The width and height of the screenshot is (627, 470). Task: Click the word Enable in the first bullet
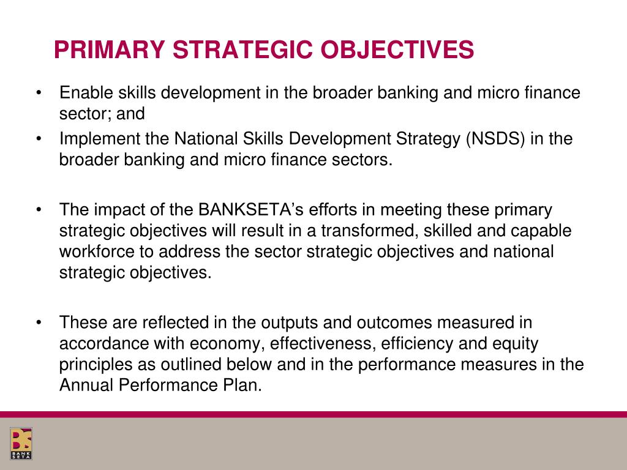point(86,93)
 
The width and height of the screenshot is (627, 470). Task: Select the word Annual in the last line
point(83,385)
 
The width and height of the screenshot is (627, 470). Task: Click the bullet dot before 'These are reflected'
point(39,323)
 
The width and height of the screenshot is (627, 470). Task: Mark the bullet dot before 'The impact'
point(39,210)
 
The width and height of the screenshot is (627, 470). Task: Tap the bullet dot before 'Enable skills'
point(39,93)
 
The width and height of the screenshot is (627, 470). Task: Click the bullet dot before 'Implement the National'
point(39,139)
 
